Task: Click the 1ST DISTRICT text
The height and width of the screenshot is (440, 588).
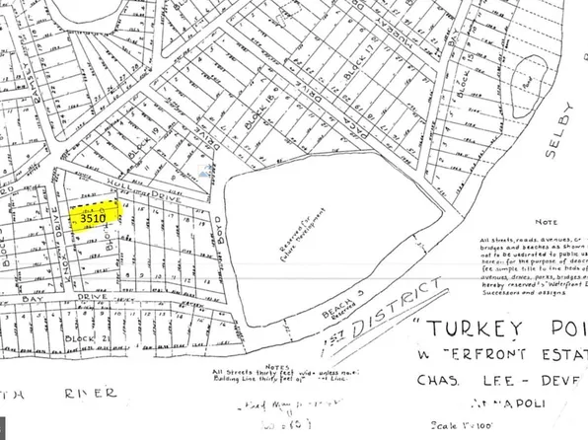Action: pos(392,309)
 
